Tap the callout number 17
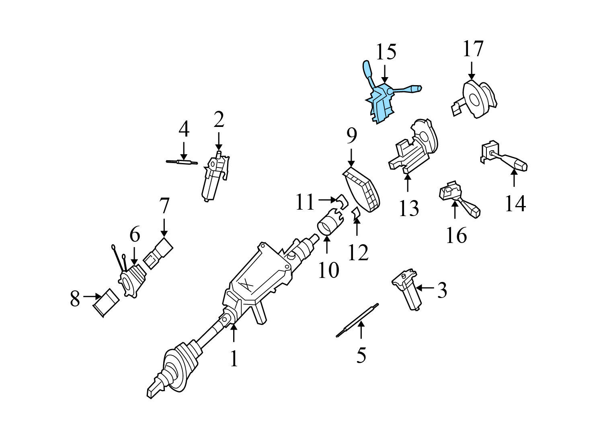click(x=473, y=49)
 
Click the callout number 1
click(x=234, y=359)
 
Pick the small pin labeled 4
click(x=183, y=162)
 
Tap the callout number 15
click(x=386, y=52)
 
